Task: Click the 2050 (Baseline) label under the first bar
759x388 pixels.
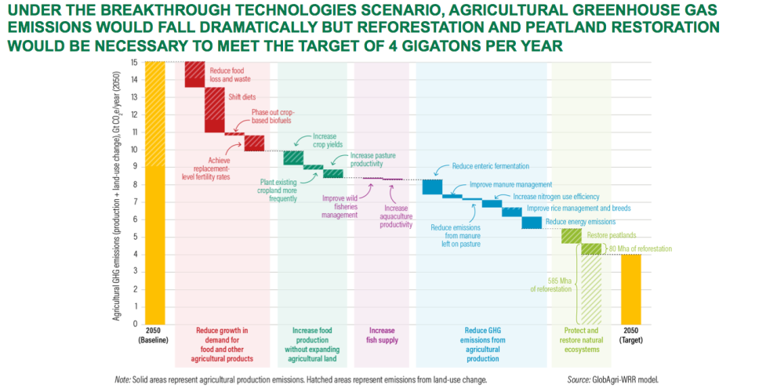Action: click(154, 335)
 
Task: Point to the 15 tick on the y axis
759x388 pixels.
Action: click(134, 62)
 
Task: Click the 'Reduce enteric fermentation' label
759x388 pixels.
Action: click(490, 166)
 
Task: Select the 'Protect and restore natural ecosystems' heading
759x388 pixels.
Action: click(581, 339)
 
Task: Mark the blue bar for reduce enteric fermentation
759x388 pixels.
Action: click(432, 187)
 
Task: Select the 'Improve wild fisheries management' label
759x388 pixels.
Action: click(340, 206)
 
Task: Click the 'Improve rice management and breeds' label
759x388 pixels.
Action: click(579, 209)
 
